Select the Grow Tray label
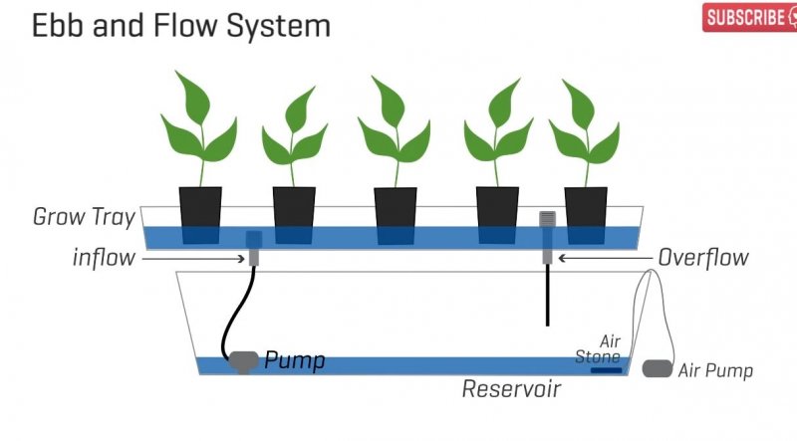point(84,216)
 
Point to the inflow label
point(104,258)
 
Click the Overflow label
point(703,258)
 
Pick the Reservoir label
point(511,389)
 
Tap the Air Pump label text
point(715,371)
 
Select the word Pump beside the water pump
point(294,360)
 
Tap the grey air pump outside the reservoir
point(657,368)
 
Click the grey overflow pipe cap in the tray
point(546,220)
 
